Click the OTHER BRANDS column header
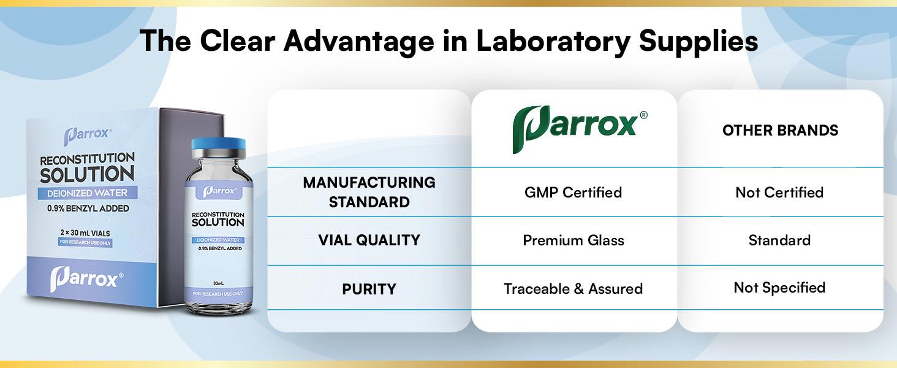[x=780, y=130]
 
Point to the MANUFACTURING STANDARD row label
[x=369, y=192]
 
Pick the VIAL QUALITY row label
[x=369, y=240]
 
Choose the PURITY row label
[x=369, y=289]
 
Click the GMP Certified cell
[x=573, y=192]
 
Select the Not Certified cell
[x=779, y=192]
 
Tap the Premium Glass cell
[x=573, y=240]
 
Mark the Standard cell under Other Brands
[x=779, y=240]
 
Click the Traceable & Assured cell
[x=573, y=289]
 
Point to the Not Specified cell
[x=779, y=288]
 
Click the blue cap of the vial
[x=218, y=147]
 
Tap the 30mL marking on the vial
[x=218, y=283]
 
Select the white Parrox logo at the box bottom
[x=86, y=278]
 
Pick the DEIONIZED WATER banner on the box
[x=87, y=193]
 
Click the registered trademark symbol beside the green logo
[x=643, y=115]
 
